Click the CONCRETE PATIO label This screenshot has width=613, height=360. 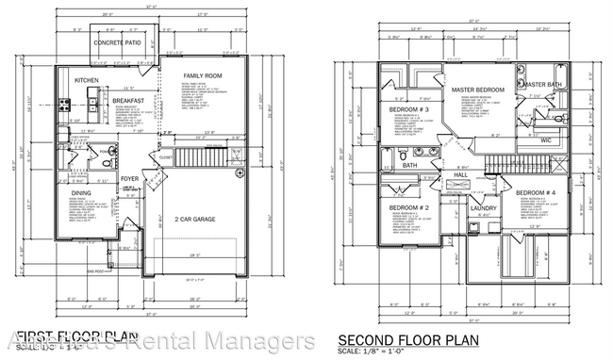[x=124, y=43]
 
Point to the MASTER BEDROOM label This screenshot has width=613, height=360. [x=463, y=90]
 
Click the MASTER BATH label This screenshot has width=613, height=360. [x=544, y=84]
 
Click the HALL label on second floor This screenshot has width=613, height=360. [x=461, y=174]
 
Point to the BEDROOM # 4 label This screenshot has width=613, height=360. [x=536, y=192]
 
